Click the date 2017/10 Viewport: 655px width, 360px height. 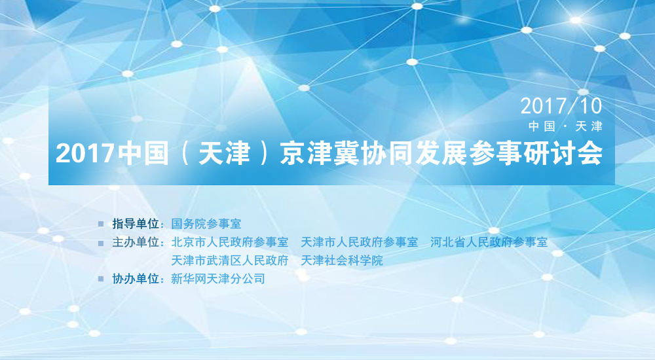point(561,106)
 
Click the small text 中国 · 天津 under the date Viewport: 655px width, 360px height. point(565,126)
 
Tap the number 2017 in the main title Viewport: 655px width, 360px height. point(84,153)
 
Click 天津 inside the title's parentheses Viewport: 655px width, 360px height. point(224,153)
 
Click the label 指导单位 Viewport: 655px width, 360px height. point(136,224)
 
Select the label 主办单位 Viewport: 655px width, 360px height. point(136,242)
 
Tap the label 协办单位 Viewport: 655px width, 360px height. point(136,279)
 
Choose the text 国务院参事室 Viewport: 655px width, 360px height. point(206,224)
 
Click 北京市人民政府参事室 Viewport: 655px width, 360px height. point(230,242)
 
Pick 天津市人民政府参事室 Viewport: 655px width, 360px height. point(359,242)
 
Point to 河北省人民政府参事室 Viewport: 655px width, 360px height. point(489,242)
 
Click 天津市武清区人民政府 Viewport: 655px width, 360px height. point(230,261)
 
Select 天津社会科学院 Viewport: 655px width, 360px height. point(342,261)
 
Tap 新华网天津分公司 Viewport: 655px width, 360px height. point(217,279)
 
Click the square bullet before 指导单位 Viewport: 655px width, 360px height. point(101,225)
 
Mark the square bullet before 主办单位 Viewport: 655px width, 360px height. point(101,243)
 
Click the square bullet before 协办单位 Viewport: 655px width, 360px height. point(101,279)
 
